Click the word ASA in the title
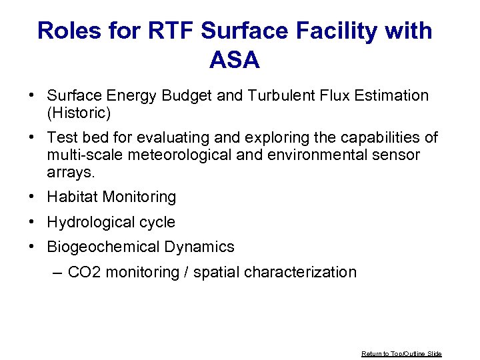(x=235, y=61)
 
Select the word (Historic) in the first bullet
(x=79, y=113)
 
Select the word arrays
(x=71, y=173)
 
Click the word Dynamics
(x=199, y=247)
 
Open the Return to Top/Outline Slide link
(x=401, y=353)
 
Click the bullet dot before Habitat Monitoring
(x=32, y=197)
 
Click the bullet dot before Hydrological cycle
(x=32, y=222)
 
